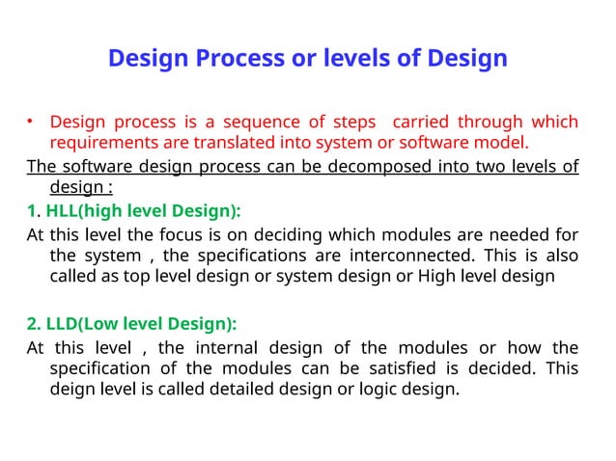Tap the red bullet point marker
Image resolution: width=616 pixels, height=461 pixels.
pos(30,122)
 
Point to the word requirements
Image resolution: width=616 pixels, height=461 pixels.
pos(102,145)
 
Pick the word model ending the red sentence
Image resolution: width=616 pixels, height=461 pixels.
pos(503,145)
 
